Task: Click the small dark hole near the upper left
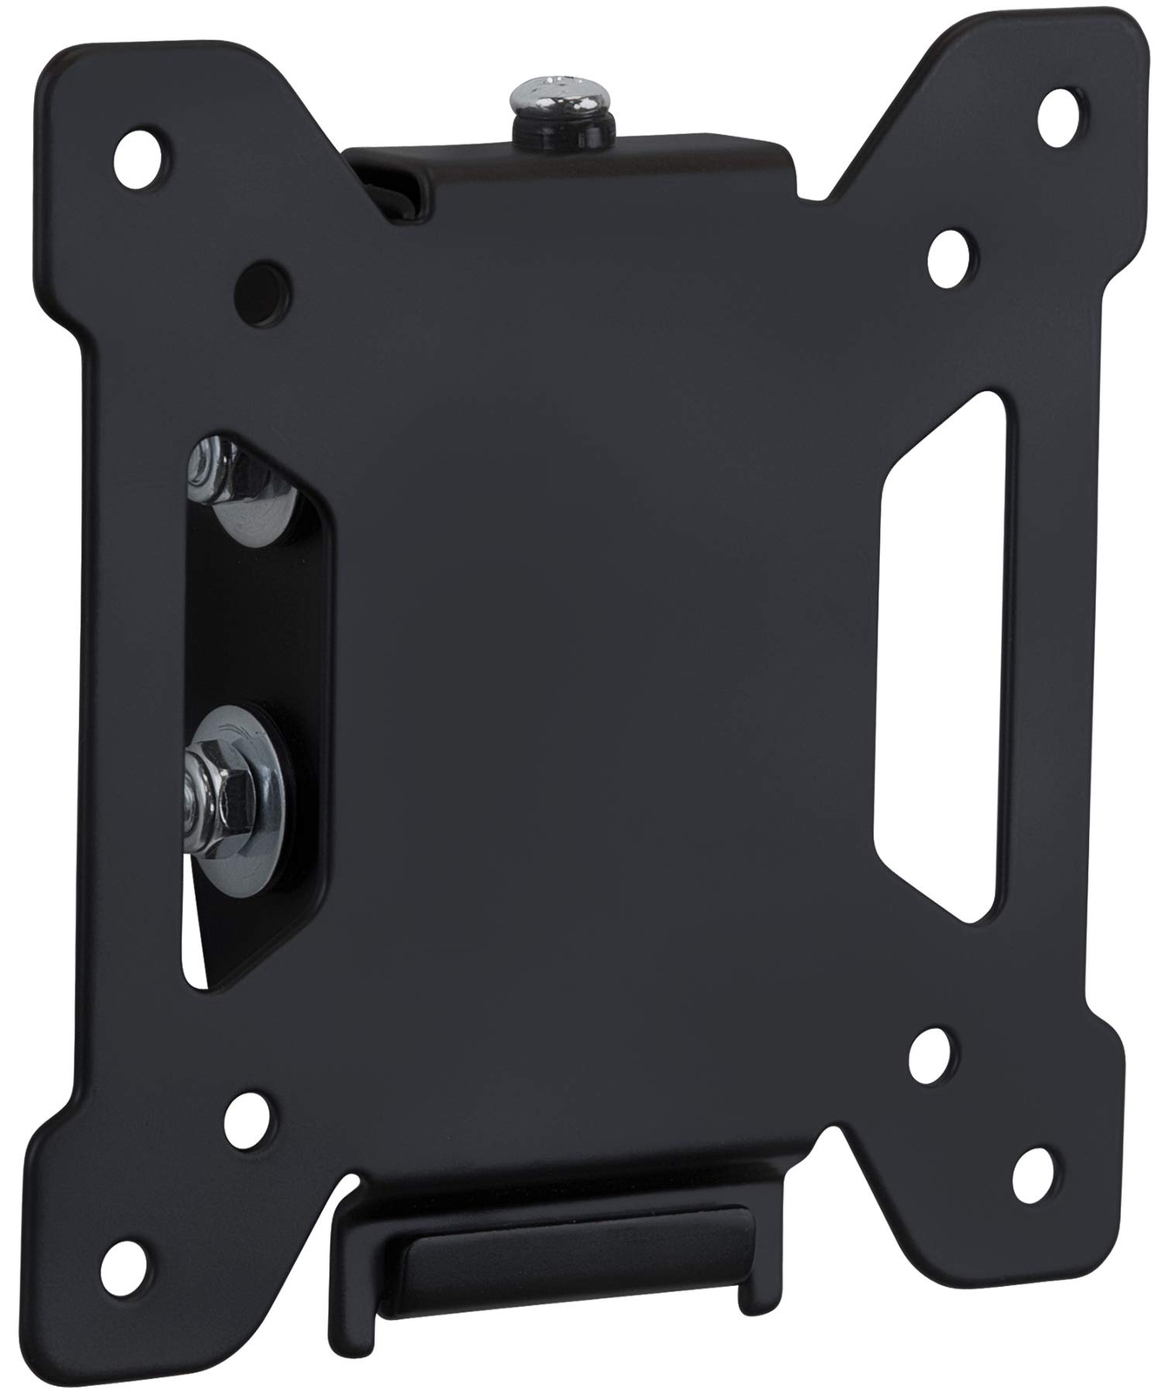click(x=261, y=285)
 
